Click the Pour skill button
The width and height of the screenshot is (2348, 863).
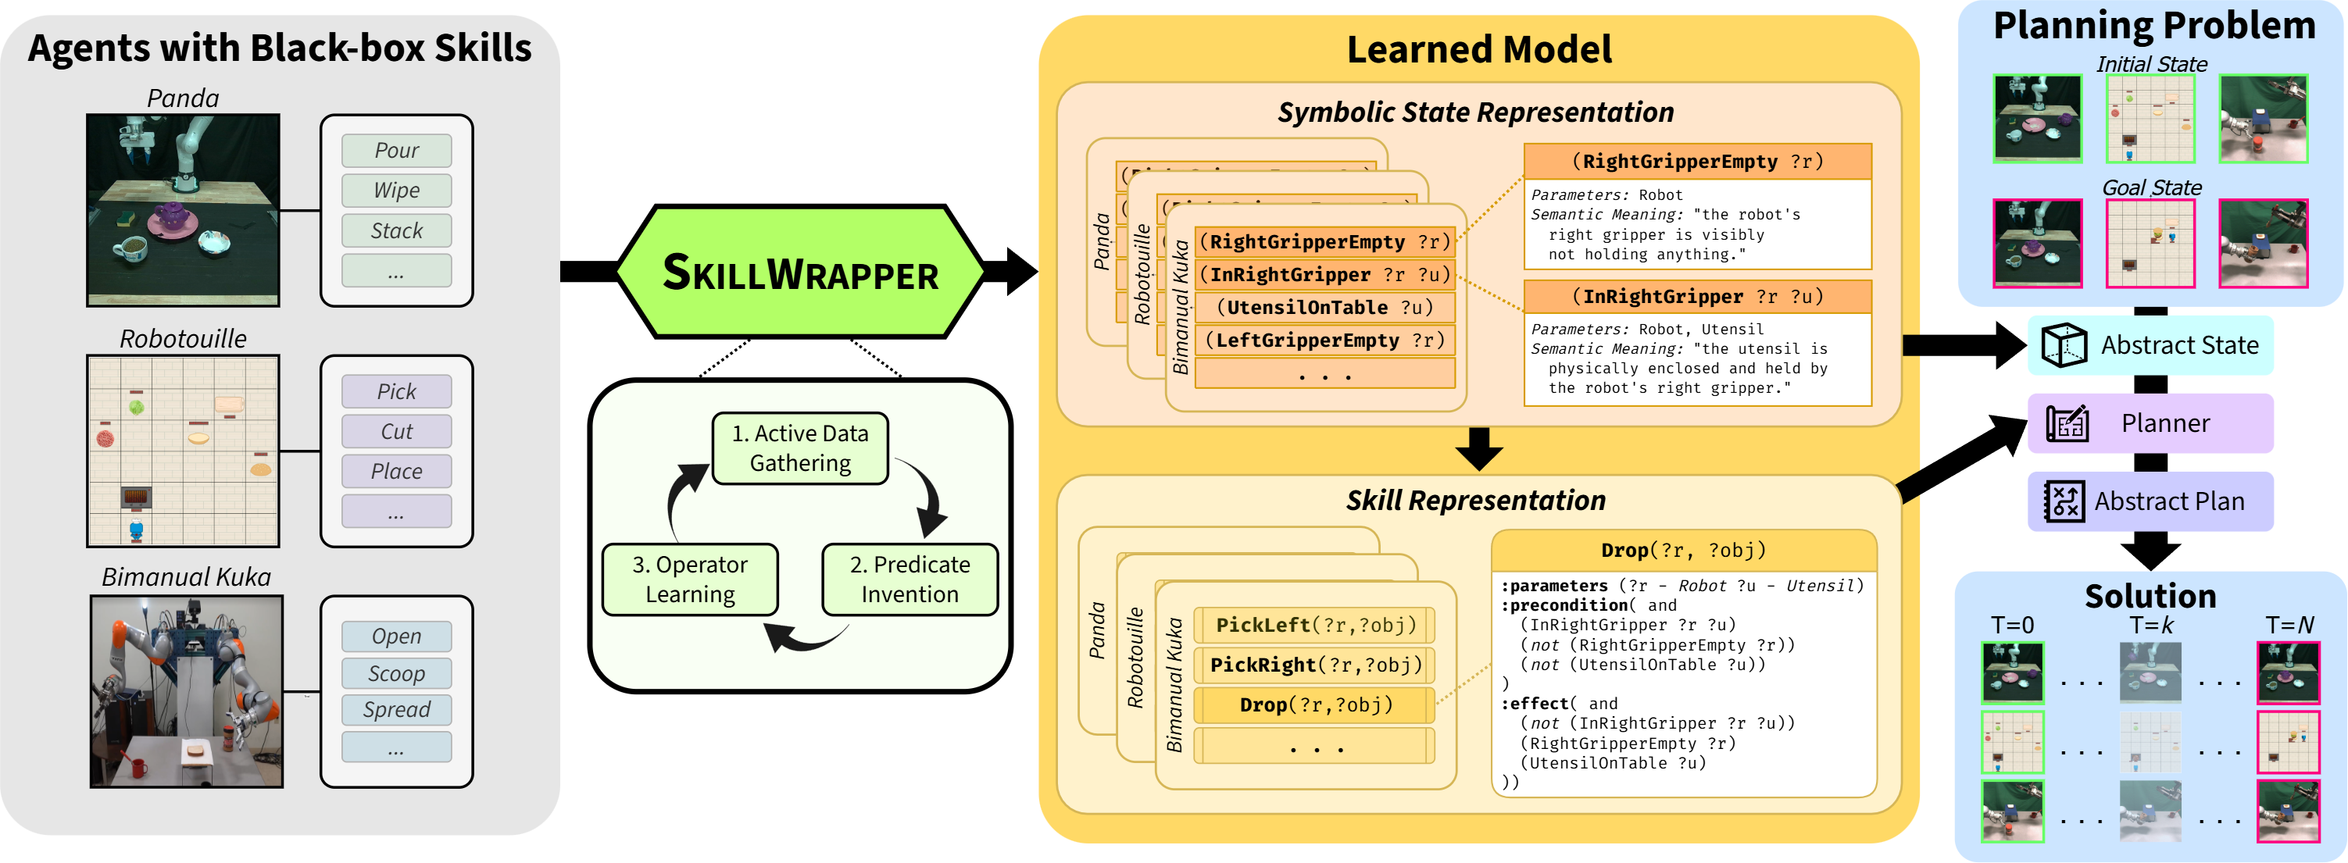(396, 151)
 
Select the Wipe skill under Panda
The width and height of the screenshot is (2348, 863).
(396, 191)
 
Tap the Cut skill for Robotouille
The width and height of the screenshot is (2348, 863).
(396, 431)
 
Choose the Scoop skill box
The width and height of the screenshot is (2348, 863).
(396, 673)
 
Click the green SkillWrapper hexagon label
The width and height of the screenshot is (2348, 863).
(799, 273)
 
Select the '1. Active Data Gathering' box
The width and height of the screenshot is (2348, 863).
(799, 448)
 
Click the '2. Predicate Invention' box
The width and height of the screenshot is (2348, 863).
(909, 579)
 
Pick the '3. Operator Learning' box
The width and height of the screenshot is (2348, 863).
(690, 579)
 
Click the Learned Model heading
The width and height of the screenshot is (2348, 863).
(1478, 49)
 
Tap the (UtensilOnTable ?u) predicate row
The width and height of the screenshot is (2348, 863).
(1324, 307)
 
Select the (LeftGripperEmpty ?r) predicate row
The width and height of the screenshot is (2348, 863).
(1324, 340)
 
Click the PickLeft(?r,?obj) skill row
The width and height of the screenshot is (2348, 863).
(1315, 625)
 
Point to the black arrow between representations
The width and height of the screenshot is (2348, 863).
(1478, 448)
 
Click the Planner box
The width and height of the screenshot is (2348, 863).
(2150, 423)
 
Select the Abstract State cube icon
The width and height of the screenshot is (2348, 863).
(2064, 345)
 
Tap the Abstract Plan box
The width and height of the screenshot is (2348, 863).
(2150, 501)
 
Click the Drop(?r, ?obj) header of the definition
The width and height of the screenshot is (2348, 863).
(1682, 551)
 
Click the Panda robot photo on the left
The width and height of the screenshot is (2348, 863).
(183, 209)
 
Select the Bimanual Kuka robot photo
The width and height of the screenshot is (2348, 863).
(186, 690)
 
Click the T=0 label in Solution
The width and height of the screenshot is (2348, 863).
(2012, 625)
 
